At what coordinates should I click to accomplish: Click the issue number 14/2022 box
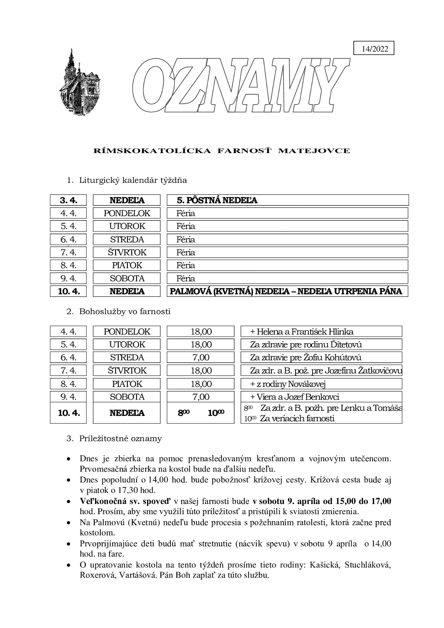[374, 49]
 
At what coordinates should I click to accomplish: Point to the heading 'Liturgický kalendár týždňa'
[133, 180]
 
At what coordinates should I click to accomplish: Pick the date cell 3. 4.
[68, 200]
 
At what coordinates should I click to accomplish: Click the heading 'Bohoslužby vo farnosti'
[125, 312]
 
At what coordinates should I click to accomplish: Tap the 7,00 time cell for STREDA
[201, 358]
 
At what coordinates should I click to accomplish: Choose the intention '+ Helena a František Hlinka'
[302, 332]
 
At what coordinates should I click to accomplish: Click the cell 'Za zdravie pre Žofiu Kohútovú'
[306, 358]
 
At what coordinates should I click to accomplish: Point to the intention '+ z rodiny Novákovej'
[288, 384]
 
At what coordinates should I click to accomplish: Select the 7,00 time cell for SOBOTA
[201, 397]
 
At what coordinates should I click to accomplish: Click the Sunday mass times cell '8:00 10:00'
[201, 413]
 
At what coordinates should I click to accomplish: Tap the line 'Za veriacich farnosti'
[297, 418]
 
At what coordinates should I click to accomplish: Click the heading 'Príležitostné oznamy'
[120, 439]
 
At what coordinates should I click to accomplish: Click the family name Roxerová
[96, 575]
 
